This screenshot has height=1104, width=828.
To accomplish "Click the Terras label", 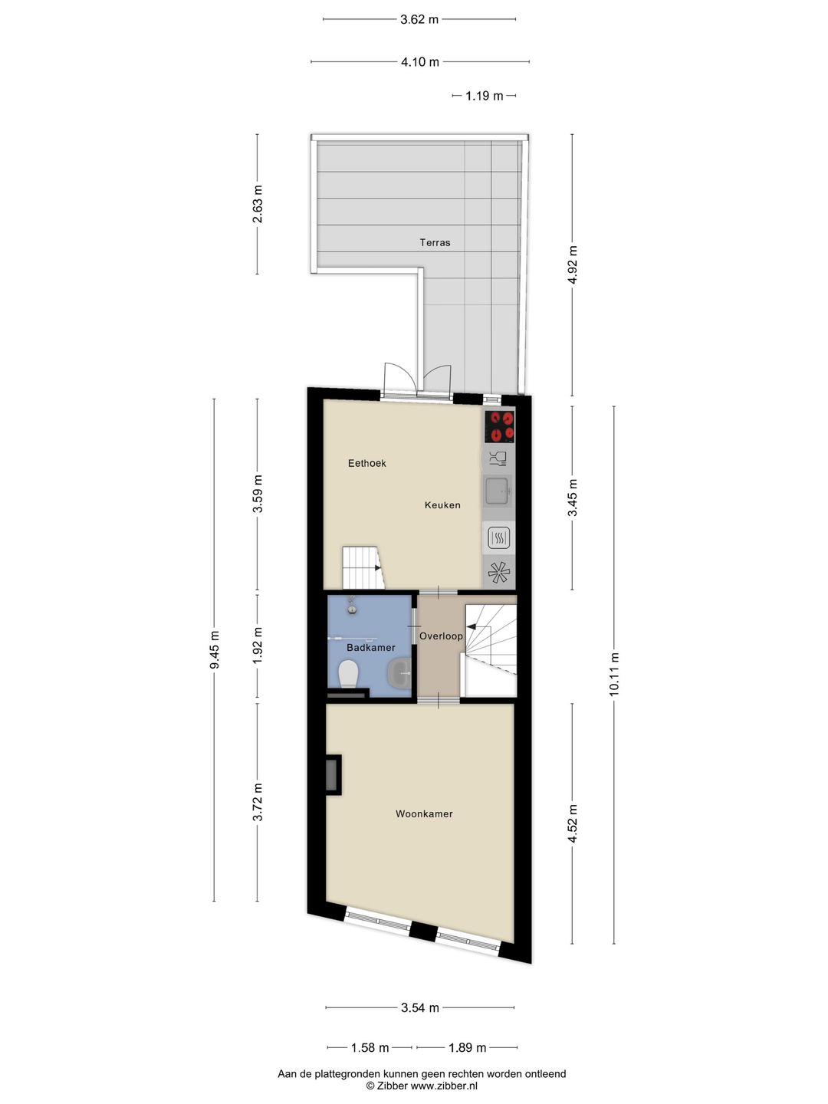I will click(435, 242).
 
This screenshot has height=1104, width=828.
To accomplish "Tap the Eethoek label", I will click(367, 463).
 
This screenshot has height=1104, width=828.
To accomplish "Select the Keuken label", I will click(442, 504).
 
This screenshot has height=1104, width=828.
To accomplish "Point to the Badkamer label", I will click(370, 648).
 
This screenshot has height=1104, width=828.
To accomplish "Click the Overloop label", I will click(441, 636).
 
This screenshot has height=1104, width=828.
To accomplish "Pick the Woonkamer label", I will click(424, 813).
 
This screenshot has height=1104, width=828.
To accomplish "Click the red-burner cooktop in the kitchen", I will click(500, 426).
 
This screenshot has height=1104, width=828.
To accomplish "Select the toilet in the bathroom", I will click(349, 675).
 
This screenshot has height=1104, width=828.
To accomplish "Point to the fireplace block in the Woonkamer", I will click(333, 774).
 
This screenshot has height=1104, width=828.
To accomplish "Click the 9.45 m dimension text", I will click(215, 649).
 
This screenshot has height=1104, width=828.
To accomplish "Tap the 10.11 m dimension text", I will click(614, 674).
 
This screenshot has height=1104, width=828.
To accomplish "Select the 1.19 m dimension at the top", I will click(484, 96).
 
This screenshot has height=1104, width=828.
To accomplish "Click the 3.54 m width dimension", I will click(420, 1007).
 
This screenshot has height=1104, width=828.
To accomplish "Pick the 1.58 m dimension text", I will click(370, 1047).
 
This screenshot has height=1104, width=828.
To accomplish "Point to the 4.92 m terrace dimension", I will click(572, 264).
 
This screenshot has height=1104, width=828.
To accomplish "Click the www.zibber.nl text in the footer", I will click(444, 1086).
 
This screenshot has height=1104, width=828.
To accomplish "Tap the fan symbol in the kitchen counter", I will click(498, 571).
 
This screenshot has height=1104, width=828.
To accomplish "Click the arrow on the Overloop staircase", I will click(470, 627).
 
